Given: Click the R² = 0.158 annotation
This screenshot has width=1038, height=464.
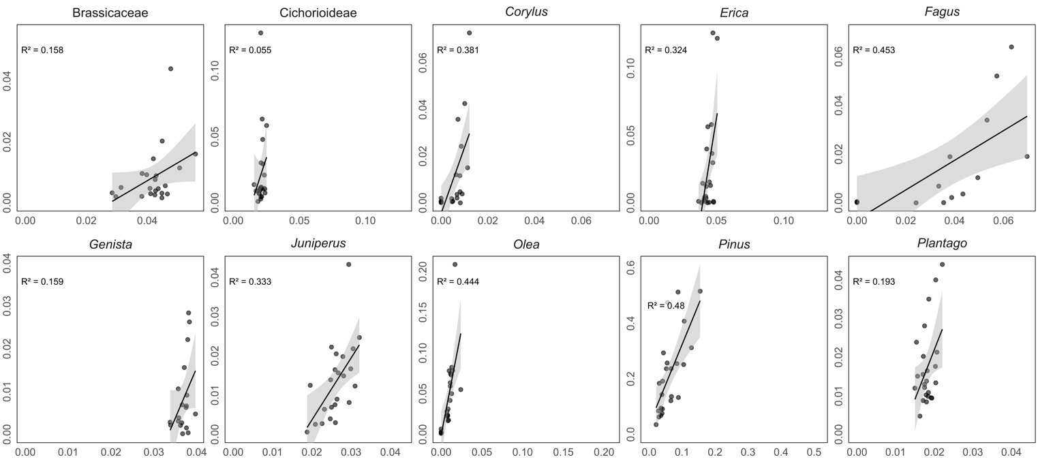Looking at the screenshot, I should (42, 50).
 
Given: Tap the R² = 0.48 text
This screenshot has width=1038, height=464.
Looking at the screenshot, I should (666, 306).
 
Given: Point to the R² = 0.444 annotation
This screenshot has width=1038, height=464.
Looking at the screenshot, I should (458, 281).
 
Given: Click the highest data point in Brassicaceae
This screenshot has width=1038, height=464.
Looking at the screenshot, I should (170, 69).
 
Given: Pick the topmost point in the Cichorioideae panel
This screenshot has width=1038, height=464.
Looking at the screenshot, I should (260, 33).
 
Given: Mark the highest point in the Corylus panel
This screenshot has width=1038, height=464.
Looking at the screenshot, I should (469, 33).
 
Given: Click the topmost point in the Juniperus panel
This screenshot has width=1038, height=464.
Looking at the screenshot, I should (348, 264).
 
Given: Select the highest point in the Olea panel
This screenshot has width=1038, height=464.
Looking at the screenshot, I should (455, 264).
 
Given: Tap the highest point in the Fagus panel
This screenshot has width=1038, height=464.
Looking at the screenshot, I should (1011, 47).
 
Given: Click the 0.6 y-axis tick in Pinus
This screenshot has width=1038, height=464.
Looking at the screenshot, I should (630, 264).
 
